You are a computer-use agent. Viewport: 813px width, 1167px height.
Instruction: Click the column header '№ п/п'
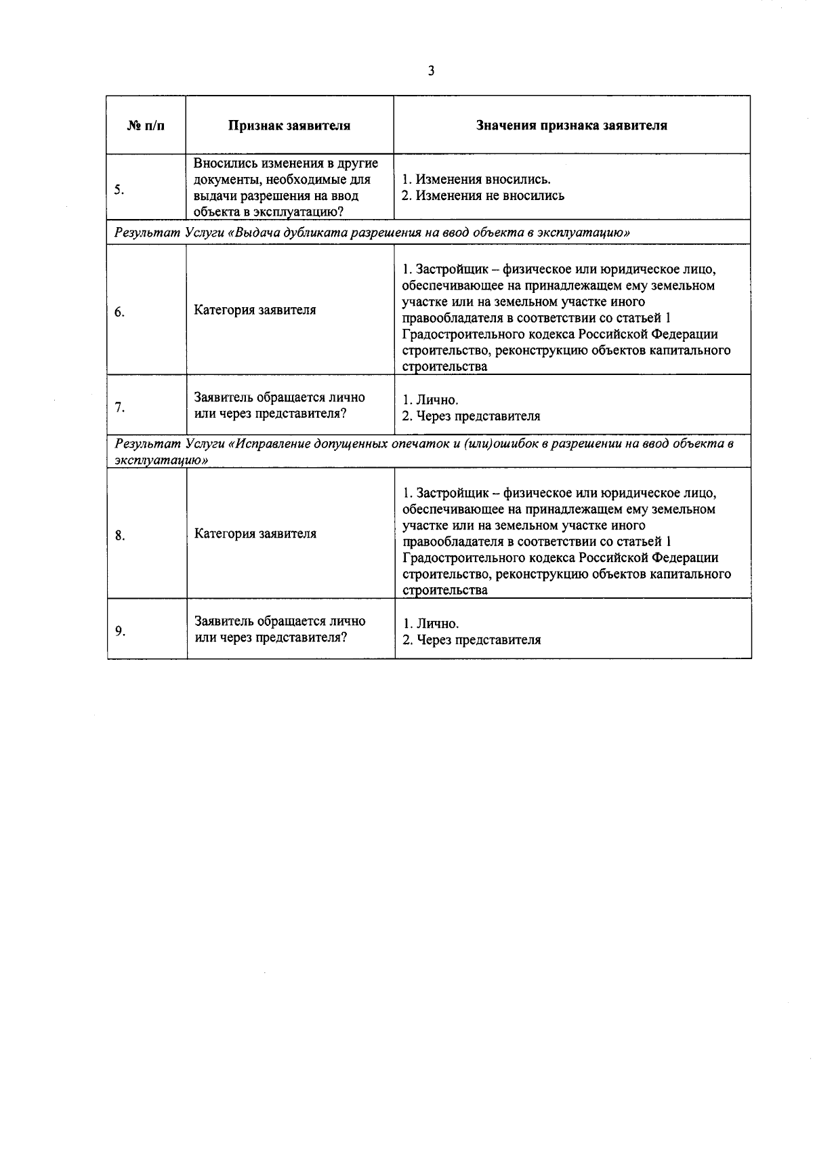(x=146, y=125)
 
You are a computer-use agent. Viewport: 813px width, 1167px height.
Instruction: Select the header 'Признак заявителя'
(x=289, y=125)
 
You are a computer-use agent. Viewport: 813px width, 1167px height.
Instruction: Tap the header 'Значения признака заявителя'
(x=571, y=125)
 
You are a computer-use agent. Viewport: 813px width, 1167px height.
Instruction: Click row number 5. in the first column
(x=119, y=190)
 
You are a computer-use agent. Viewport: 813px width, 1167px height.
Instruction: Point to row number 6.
(x=119, y=312)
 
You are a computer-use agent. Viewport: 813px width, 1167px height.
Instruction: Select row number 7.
(x=119, y=408)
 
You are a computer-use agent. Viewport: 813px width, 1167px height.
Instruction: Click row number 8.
(x=119, y=536)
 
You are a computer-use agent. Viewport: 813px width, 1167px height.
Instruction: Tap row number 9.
(x=119, y=631)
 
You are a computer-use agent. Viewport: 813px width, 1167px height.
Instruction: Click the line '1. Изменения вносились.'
(x=476, y=180)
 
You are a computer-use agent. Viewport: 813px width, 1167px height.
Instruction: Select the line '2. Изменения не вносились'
(x=482, y=196)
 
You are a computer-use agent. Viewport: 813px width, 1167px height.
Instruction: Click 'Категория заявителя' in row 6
(x=255, y=310)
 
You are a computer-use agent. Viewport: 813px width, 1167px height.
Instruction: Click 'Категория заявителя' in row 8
(x=255, y=534)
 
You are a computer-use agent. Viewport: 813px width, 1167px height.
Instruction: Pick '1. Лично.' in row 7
(x=430, y=400)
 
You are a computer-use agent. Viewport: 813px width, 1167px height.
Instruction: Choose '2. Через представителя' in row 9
(x=472, y=640)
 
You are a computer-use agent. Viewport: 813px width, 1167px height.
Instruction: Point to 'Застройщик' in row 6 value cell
(x=452, y=269)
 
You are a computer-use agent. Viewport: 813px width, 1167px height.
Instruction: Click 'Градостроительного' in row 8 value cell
(x=456, y=558)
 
